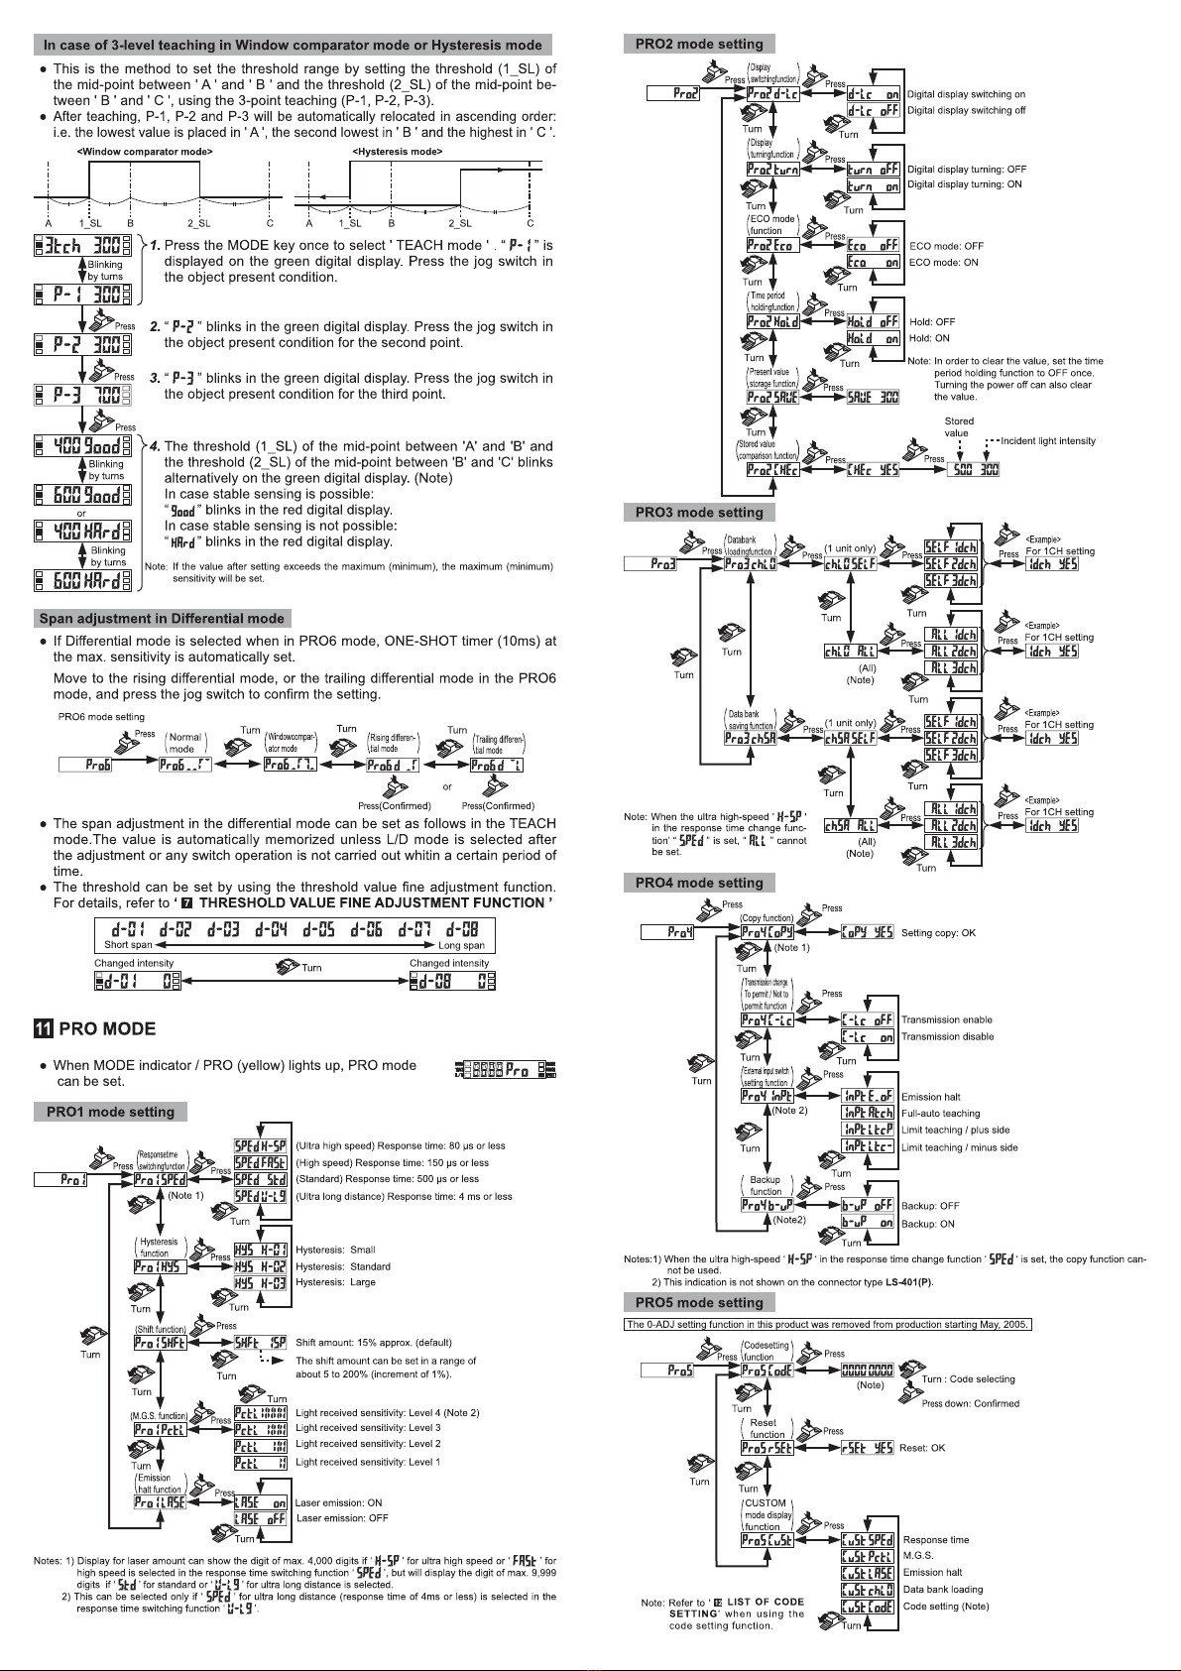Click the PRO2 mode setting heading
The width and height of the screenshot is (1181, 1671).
click(x=698, y=44)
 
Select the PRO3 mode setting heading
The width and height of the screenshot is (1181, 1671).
click(x=698, y=512)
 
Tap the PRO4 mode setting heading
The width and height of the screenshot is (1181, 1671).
click(x=698, y=883)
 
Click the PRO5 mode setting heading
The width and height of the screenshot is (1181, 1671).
click(x=698, y=1302)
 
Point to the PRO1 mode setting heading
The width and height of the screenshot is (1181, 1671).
click(x=110, y=1112)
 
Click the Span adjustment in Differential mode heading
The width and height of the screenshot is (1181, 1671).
click(x=162, y=618)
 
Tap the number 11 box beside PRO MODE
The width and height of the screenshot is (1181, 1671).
click(x=44, y=1028)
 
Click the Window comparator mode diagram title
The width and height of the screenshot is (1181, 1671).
click(x=145, y=152)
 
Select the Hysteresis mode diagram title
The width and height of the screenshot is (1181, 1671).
click(x=397, y=152)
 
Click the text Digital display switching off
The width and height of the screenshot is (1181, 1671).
click(x=966, y=110)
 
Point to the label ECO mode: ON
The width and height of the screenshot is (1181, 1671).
click(x=943, y=262)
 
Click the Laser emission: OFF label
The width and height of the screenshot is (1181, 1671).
click(x=342, y=1518)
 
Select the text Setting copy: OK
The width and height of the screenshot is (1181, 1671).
click(x=938, y=932)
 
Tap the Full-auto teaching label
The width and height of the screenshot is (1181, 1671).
click(x=940, y=1113)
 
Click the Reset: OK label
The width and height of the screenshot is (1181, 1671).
click(x=921, y=1448)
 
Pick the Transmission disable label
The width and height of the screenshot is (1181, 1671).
click(x=947, y=1036)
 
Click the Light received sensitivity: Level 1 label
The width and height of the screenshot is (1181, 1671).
click(x=368, y=1462)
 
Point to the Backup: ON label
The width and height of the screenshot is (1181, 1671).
click(x=927, y=1224)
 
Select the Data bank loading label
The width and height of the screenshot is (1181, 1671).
click(x=943, y=1589)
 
